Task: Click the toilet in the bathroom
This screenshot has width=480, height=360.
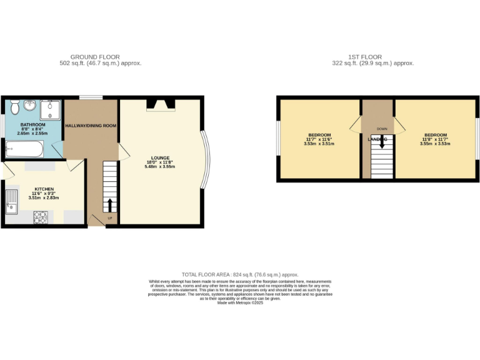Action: click(12, 107)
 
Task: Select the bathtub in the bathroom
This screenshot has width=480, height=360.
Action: click(24, 150)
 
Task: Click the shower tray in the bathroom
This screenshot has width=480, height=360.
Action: click(49, 110)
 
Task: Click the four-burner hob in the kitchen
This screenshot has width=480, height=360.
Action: click(41, 217)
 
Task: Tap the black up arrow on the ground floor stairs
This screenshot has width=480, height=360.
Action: click(110, 205)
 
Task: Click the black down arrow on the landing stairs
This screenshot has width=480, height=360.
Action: click(381, 142)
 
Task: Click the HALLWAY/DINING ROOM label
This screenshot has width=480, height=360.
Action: click(92, 126)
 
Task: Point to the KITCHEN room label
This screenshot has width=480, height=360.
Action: click(44, 188)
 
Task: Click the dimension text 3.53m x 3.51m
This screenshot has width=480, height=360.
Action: click(319, 144)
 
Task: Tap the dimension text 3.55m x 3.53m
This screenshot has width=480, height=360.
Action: click(436, 144)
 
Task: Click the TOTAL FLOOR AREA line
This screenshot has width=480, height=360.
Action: click(239, 274)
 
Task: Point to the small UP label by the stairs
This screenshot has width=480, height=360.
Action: click(110, 218)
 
